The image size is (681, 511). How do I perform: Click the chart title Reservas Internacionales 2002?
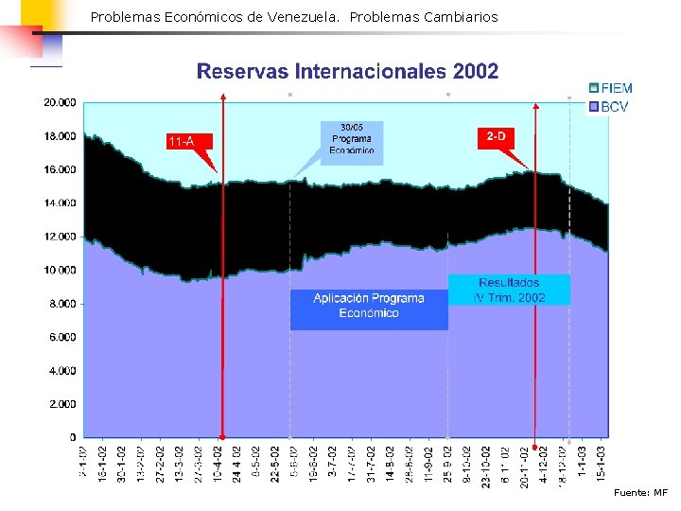346,72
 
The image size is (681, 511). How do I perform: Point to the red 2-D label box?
497,137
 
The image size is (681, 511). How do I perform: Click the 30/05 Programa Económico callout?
352,138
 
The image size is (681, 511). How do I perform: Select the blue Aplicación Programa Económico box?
369,306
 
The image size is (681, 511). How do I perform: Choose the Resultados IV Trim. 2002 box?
510,290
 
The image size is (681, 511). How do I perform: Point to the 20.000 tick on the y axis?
61,102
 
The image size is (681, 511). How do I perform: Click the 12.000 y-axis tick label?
61,237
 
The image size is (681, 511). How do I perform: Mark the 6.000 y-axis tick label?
63,337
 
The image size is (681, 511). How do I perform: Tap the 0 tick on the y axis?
73,437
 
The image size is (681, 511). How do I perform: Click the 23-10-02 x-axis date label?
486,466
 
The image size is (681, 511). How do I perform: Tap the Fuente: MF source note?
639,493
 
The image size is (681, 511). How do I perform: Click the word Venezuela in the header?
302,17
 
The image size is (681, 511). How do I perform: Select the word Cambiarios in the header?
461,17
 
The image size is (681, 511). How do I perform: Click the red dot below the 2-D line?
535,448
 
